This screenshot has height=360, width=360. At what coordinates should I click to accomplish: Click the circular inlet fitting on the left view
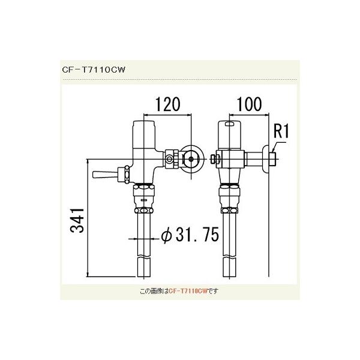pyautogui.click(x=193, y=158)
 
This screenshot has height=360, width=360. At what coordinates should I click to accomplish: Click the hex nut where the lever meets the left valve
pyautogui.click(x=126, y=174)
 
